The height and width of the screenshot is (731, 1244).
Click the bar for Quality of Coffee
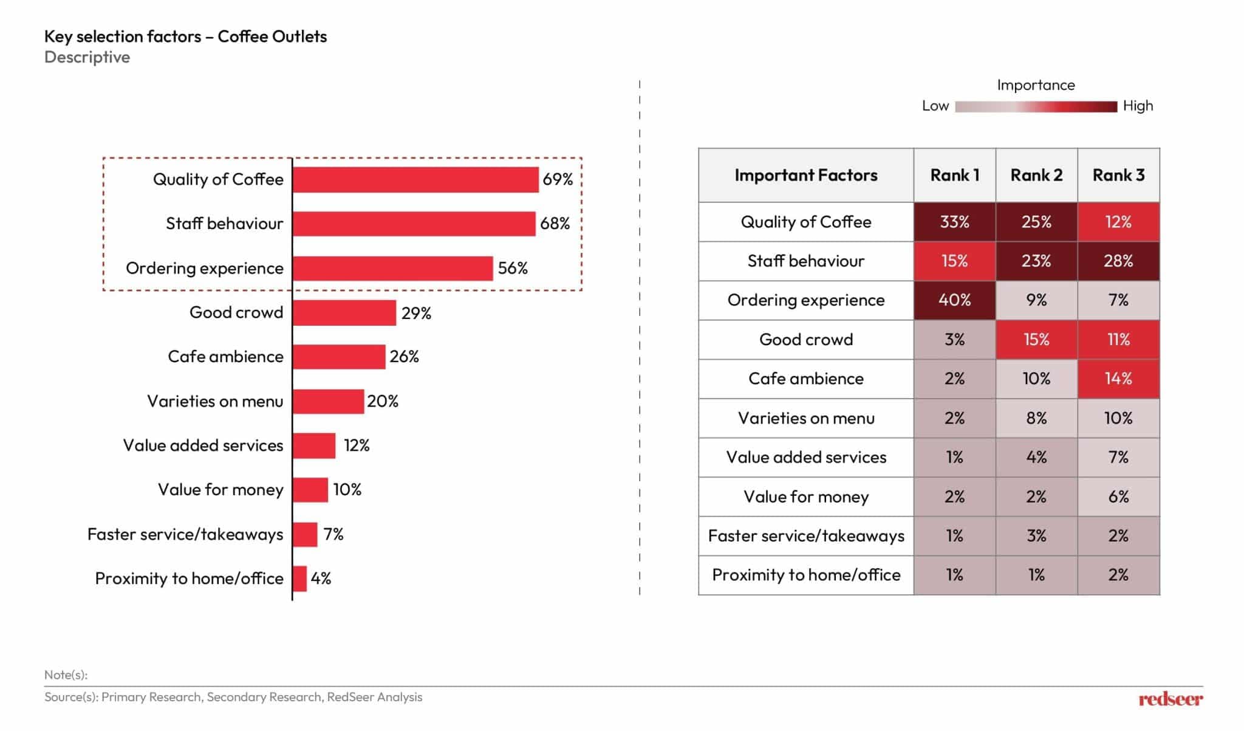tap(415, 180)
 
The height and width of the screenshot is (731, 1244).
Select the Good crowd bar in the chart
tap(344, 313)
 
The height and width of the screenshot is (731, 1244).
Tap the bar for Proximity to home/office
tap(300, 578)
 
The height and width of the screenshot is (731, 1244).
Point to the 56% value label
tap(513, 269)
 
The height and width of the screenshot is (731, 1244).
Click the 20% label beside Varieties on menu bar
tap(383, 401)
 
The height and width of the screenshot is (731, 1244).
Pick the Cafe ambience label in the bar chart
tap(225, 357)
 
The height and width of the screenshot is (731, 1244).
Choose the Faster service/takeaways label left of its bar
tap(185, 535)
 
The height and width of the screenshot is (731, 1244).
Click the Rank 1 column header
tap(954, 176)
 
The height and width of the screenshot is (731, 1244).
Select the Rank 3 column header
tap(1118, 176)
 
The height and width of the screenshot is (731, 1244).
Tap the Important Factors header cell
tap(805, 176)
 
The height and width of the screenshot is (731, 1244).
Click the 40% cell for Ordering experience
tap(954, 300)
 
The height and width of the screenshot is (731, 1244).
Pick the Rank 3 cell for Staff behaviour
tap(1118, 261)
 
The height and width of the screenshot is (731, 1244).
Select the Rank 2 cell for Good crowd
tap(1036, 340)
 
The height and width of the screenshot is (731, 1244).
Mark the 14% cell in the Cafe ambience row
tap(1118, 379)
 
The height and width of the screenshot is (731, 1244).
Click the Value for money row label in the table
tap(805, 497)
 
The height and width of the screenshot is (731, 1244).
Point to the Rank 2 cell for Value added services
tap(1036, 458)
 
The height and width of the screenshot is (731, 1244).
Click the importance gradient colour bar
tap(1036, 107)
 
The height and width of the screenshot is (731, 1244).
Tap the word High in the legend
tap(1138, 106)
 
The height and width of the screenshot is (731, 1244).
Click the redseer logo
tap(1170, 699)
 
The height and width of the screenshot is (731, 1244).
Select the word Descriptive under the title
tap(87, 58)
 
